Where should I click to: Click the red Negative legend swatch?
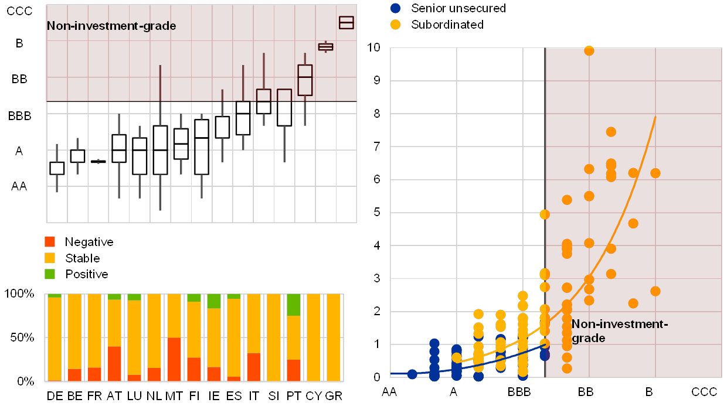coord(50,241)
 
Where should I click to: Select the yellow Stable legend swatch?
coord(50,258)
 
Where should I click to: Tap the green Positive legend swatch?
coord(50,274)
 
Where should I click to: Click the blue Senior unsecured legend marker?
coord(396,8)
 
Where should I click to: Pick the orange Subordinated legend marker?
coord(396,25)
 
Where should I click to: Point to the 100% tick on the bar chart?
coord(23,294)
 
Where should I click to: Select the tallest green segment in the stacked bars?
coord(294,305)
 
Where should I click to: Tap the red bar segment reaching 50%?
coord(174,359)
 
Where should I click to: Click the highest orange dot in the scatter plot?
coord(589,51)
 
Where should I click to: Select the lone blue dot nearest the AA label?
coord(412,374)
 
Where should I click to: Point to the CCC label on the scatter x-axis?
coord(704,391)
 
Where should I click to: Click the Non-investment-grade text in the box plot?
coord(111,26)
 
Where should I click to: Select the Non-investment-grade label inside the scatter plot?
coord(620,331)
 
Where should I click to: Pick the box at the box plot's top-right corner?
coord(346,23)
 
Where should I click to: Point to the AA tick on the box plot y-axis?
coord(20,186)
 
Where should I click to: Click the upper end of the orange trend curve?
coord(655,117)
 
